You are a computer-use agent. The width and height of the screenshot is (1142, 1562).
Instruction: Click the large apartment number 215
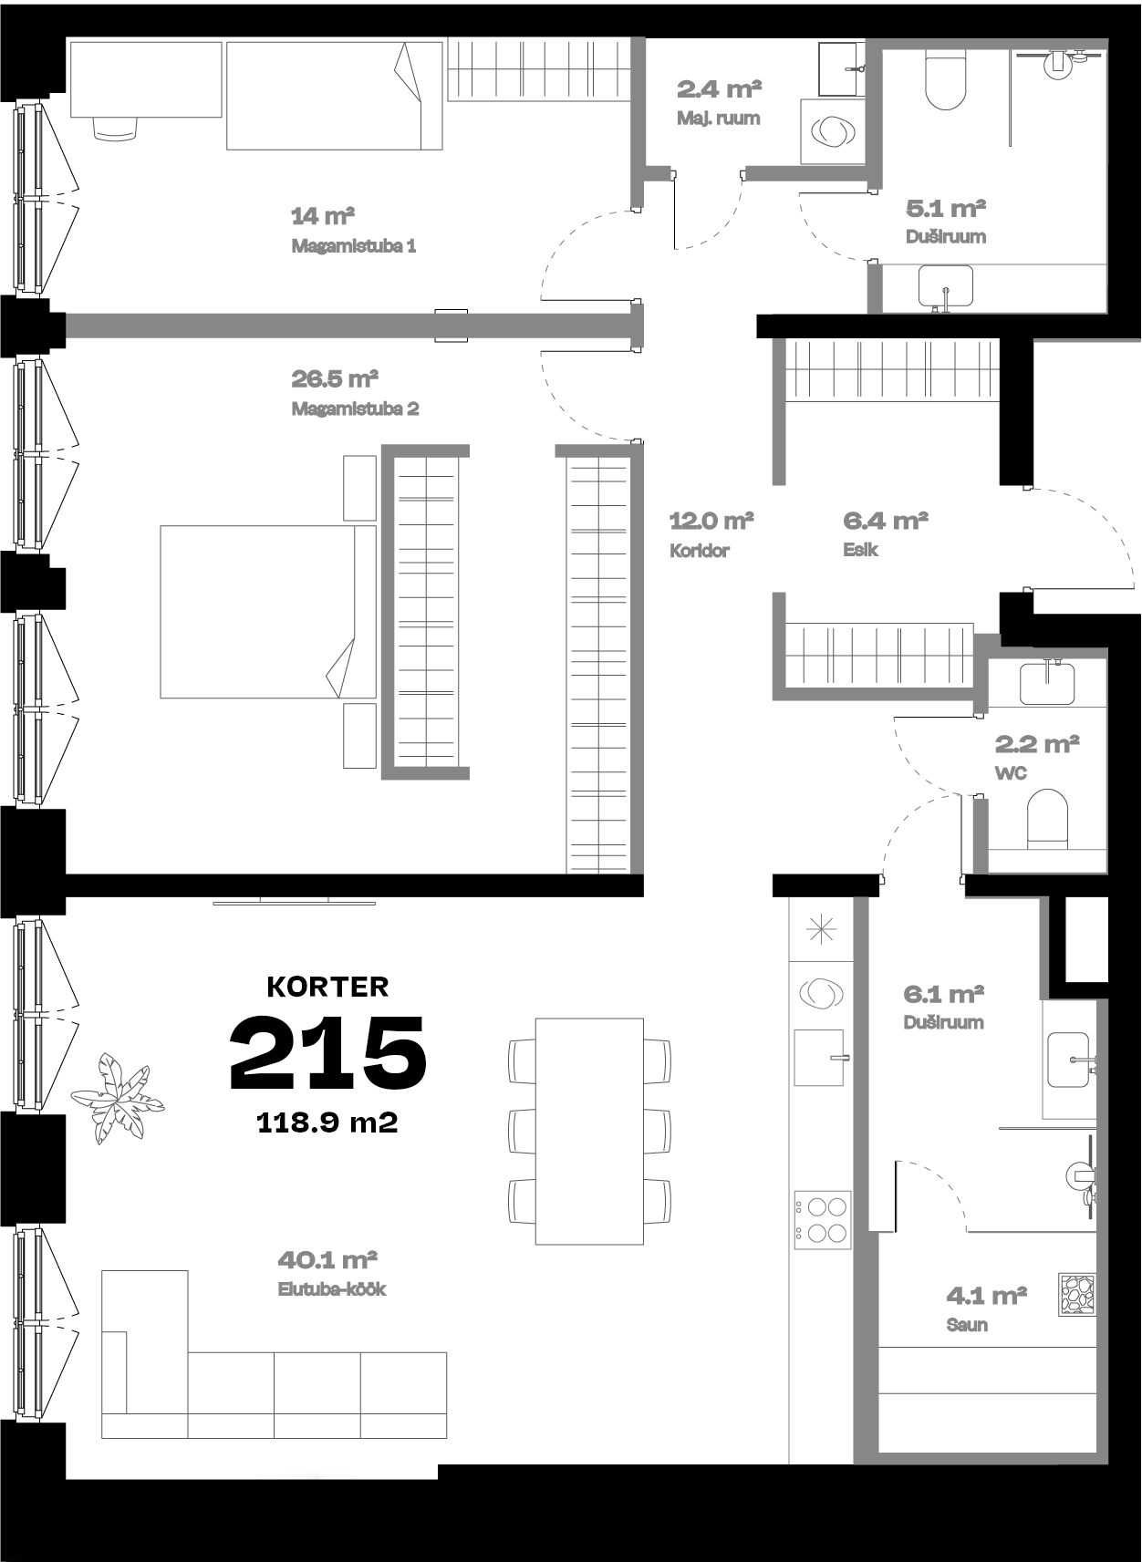click(x=327, y=1052)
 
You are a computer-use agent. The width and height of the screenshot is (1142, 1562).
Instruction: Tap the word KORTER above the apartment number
click(x=327, y=987)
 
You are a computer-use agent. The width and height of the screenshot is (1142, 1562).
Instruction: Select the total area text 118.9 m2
click(x=327, y=1122)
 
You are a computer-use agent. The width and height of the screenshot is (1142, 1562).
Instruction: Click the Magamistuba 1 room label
click(x=354, y=246)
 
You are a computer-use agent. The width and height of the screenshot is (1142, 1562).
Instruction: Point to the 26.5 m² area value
click(x=335, y=378)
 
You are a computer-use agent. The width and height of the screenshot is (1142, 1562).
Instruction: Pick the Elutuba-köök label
click(x=332, y=1289)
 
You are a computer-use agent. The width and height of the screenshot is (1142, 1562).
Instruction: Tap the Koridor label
click(x=700, y=551)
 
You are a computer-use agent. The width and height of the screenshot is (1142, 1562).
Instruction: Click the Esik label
click(x=861, y=550)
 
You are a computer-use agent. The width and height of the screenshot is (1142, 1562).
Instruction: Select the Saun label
click(x=967, y=1324)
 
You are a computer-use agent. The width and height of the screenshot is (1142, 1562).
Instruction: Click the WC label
click(x=1011, y=773)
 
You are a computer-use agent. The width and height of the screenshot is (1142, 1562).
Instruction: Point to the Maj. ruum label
click(x=719, y=119)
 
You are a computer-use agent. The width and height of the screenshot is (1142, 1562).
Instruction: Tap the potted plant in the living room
click(x=117, y=1098)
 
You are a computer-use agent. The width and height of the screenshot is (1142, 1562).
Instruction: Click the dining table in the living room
click(x=589, y=1131)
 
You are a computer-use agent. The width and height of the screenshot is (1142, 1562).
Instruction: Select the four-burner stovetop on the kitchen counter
click(x=822, y=1219)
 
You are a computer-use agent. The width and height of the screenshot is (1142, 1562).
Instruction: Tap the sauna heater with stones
click(x=1077, y=1295)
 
